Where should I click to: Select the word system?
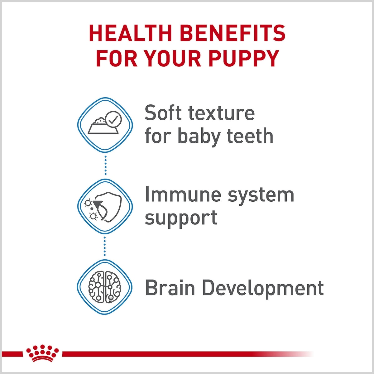pos(261,196)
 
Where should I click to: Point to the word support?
pos(181,219)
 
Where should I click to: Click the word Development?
pos(263,289)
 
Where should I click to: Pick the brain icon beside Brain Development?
pos(105,287)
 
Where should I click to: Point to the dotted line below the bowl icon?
pos(105,165)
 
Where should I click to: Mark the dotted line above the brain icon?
pos(105,246)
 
